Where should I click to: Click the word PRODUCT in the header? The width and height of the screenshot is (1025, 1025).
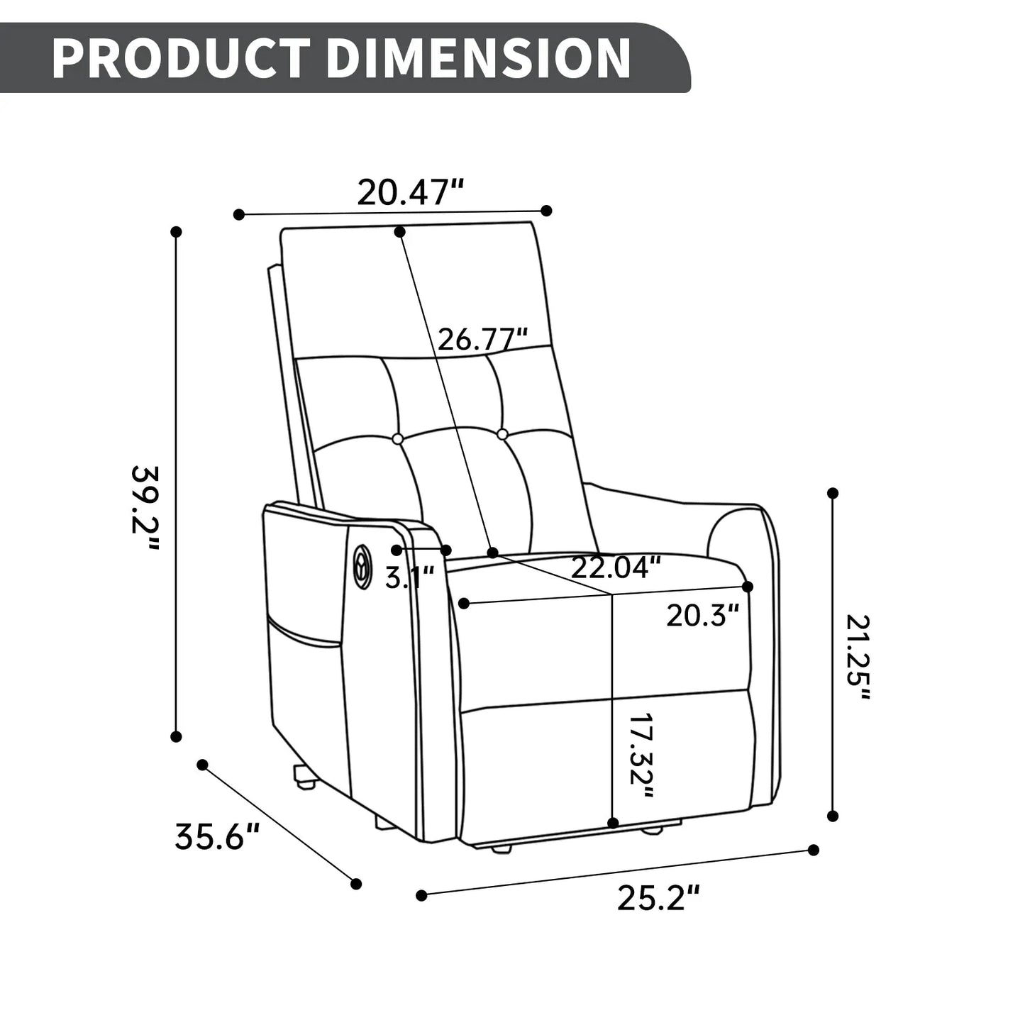point(181,58)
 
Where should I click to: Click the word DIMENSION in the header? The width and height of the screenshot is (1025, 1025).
point(478,58)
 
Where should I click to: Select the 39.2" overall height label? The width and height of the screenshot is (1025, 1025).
point(145,508)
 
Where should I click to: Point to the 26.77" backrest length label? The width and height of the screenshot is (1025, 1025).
point(483,340)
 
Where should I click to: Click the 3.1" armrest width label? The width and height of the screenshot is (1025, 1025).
point(409,577)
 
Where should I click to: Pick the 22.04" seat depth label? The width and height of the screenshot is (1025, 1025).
point(616,567)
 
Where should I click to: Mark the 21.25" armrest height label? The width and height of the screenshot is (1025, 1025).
point(857,658)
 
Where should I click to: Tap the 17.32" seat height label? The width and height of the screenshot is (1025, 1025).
point(641,756)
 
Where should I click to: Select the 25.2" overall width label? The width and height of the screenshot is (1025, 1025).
point(658,899)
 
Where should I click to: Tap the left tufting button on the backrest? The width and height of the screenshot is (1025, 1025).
point(398,439)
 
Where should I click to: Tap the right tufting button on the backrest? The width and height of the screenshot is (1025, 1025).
point(502,433)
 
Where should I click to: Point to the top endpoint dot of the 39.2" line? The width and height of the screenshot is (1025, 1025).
point(177,232)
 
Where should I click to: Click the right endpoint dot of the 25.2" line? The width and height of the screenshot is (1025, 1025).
point(814,850)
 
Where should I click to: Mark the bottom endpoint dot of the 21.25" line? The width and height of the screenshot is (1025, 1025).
point(833,816)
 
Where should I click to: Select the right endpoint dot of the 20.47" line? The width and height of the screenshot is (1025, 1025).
point(546,211)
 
